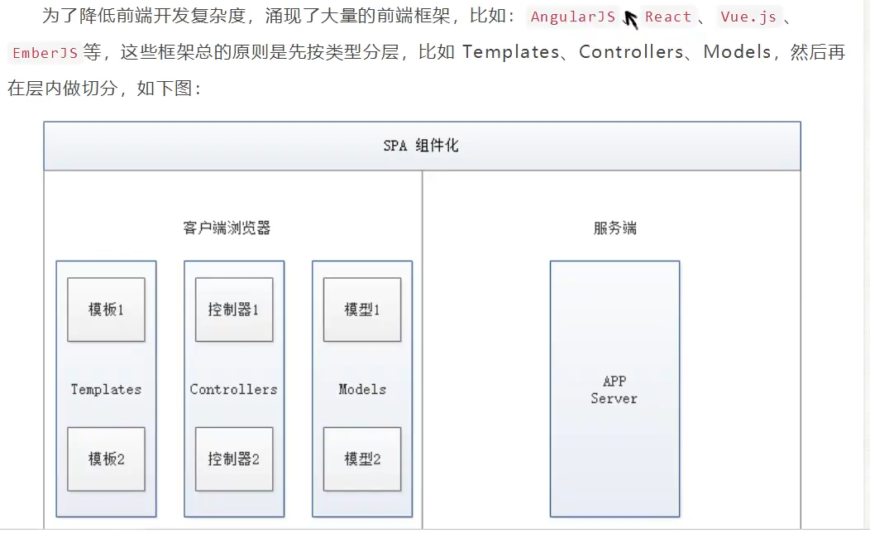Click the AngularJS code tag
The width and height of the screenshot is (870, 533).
click(573, 17)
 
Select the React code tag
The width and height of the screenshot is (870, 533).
click(668, 17)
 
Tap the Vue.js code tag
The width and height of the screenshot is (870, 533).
click(750, 17)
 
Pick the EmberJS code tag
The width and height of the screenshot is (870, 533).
click(45, 53)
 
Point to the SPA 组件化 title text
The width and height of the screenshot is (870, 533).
click(421, 146)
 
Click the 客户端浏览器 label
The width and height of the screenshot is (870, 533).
click(227, 228)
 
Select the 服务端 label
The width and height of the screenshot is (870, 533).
click(614, 228)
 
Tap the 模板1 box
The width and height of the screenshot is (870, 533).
click(106, 310)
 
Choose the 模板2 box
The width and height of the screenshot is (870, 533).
click(106, 459)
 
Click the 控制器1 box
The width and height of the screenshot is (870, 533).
click(234, 310)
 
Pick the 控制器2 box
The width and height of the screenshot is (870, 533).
click(234, 459)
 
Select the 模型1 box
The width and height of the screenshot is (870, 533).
click(362, 310)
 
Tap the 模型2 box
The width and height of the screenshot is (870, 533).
click(362, 459)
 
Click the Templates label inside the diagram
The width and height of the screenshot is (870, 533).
click(106, 389)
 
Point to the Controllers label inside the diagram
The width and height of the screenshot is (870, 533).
click(234, 389)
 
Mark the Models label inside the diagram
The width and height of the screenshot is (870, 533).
click(362, 389)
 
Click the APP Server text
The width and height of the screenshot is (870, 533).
click(614, 390)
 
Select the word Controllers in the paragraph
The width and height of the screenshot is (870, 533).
click(632, 52)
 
